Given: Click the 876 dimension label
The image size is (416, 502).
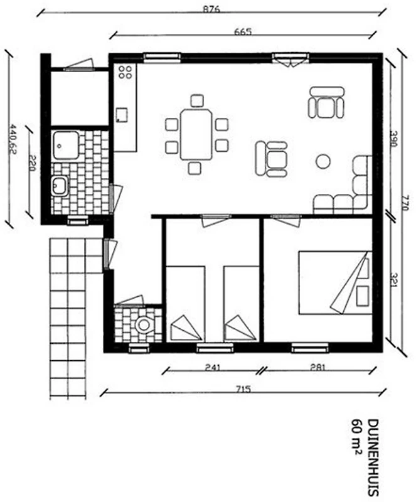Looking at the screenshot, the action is pyautogui.click(x=211, y=9).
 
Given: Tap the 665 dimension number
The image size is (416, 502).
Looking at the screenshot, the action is pyautogui.click(x=243, y=32).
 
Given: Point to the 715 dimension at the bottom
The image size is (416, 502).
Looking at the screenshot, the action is pyautogui.click(x=243, y=390).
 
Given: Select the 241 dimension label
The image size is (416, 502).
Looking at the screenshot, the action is pyautogui.click(x=212, y=368).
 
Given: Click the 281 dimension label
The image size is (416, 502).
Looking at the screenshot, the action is pyautogui.click(x=317, y=368).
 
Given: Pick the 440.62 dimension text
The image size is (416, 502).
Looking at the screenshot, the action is pyautogui.click(x=13, y=139).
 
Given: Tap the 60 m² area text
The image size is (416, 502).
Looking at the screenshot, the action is pyautogui.click(x=357, y=437).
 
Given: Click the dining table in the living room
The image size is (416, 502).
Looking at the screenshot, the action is pyautogui.click(x=196, y=134).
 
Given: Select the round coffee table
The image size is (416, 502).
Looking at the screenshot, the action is pyautogui.click(x=323, y=161).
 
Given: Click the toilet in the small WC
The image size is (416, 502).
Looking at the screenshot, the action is pyautogui.click(x=144, y=325).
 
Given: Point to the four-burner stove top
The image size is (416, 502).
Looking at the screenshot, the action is pyautogui.click(x=125, y=72).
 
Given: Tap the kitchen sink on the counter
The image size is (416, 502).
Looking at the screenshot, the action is pyautogui.click(x=122, y=115).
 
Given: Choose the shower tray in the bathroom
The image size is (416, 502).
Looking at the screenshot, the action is pyautogui.click(x=66, y=145).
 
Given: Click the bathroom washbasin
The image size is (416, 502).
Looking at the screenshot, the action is pyautogui.click(x=60, y=186).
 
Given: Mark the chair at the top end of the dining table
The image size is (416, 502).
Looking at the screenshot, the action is pyautogui.click(x=197, y=100).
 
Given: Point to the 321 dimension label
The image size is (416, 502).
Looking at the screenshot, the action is pyautogui.click(x=393, y=279).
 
